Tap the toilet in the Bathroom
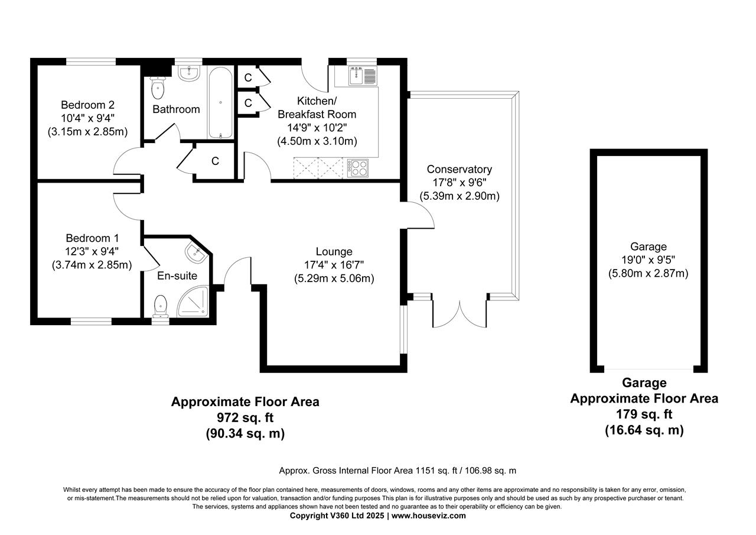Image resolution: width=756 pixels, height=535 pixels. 158,88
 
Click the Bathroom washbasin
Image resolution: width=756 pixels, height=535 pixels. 190,73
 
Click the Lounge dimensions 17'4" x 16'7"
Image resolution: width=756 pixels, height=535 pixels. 334,265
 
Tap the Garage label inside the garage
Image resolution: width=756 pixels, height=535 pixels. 648,247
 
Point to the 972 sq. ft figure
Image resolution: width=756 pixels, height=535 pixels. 245,418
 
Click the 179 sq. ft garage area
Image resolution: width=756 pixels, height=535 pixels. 644,414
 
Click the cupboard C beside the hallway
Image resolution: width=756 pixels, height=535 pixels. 215,161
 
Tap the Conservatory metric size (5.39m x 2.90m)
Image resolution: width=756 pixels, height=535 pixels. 460,196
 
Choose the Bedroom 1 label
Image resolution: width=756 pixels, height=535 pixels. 88,238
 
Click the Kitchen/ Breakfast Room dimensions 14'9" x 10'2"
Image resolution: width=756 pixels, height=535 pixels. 317,128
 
